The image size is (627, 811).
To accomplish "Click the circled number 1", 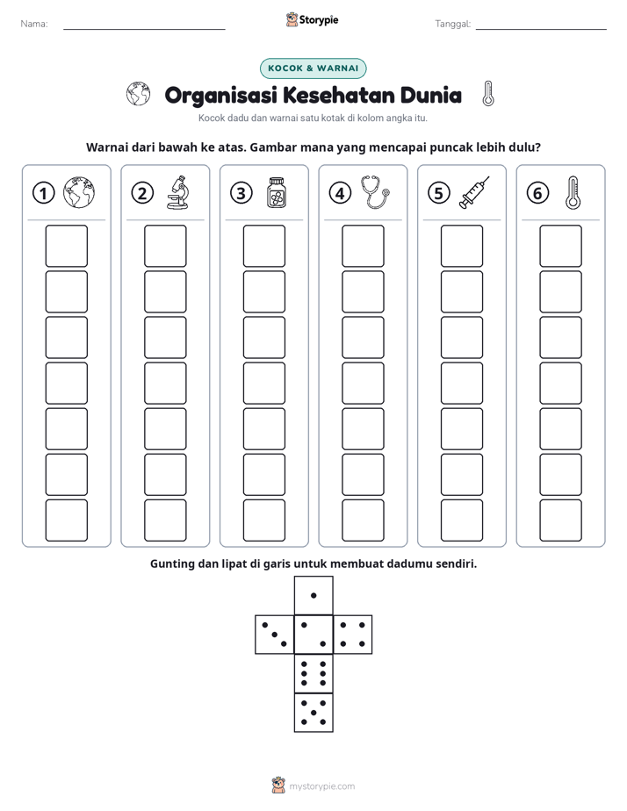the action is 43,193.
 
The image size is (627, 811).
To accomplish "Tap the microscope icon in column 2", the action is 178,192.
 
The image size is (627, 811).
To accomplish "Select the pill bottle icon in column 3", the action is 277,192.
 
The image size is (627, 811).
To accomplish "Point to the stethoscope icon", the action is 375,192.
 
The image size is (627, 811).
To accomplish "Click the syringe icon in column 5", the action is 474,192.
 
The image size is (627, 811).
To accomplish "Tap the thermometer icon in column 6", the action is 573,192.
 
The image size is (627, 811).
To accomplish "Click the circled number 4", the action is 340,193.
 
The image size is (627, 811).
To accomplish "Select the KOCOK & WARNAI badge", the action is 313,68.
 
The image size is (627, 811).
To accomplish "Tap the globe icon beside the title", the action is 138,94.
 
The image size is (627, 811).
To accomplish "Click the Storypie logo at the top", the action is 312,20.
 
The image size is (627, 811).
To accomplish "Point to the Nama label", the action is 34,24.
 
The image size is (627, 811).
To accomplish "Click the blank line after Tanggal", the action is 541,30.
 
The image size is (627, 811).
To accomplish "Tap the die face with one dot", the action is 313,595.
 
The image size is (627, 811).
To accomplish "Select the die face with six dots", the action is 313,673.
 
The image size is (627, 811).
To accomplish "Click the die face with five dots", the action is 313,713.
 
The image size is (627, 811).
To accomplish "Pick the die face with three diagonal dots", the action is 275,635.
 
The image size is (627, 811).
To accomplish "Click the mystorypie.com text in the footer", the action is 321,786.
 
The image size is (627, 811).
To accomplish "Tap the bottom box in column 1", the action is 66,520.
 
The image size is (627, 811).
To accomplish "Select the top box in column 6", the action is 561,246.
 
